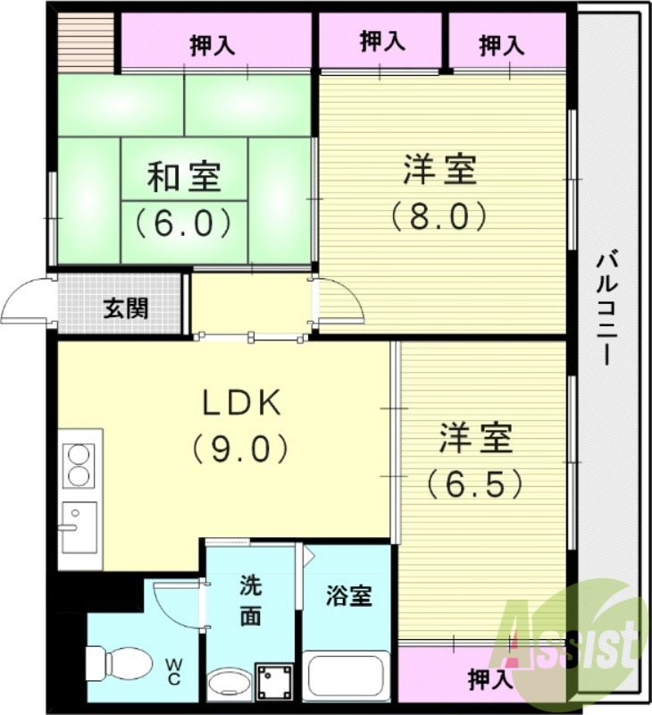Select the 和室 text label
[x=184, y=177]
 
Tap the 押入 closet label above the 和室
[x=213, y=46]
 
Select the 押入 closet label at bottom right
[x=490, y=680]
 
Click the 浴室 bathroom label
[x=347, y=595]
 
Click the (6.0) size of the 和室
[x=184, y=221]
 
